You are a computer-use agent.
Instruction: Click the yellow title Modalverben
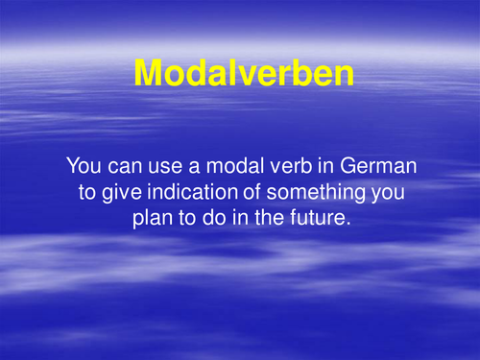243,72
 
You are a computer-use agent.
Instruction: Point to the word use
160,165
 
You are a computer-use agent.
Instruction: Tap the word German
372,165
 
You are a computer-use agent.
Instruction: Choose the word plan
152,217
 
